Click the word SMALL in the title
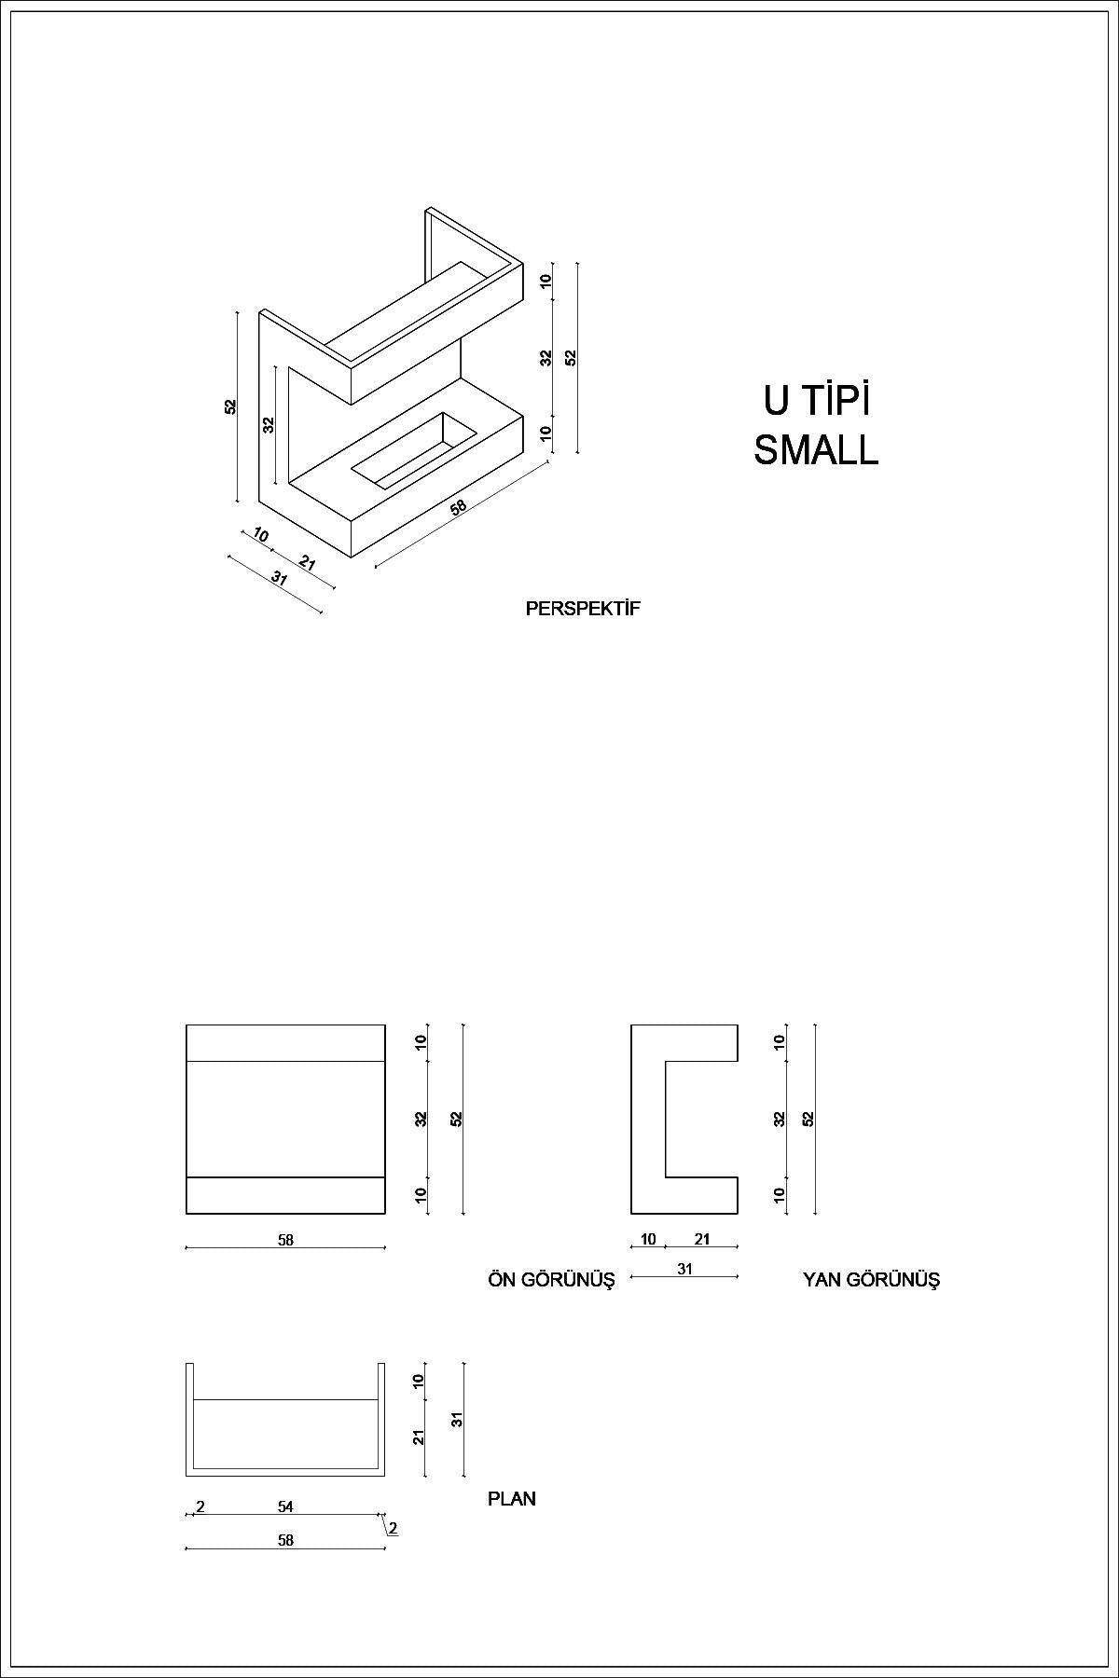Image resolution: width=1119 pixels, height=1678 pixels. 816,450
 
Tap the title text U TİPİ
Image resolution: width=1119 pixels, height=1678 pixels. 816,401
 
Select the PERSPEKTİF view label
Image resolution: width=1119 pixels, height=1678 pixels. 583,609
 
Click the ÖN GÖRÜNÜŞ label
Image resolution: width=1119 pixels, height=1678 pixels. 551,1280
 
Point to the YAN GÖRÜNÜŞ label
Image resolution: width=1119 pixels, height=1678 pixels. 871,1280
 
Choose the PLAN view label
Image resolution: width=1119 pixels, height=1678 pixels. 512,1499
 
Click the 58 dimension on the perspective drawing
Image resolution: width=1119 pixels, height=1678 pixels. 458,508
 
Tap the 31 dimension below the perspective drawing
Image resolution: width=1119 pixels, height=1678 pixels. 279,577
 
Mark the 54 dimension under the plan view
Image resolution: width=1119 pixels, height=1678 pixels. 285,1506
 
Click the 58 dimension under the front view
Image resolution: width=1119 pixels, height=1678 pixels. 285,1240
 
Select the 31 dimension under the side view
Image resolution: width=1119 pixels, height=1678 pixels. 684,1269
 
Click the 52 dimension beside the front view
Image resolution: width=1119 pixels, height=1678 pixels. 457,1119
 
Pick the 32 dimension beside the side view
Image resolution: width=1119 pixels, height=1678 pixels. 780,1119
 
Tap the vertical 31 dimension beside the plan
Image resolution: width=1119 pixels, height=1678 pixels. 457,1420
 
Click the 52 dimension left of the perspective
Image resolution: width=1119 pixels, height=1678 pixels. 230,406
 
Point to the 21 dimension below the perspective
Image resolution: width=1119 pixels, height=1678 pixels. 307,563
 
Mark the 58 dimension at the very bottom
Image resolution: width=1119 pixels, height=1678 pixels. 285,1540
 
